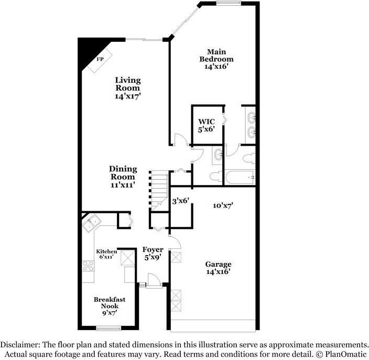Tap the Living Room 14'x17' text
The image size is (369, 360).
point(128,88)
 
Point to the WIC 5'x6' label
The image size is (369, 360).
point(207,126)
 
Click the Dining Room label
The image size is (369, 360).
point(123,177)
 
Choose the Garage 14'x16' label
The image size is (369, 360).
point(218,268)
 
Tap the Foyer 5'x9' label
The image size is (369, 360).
point(153,254)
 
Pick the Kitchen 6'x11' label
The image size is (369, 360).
point(106,255)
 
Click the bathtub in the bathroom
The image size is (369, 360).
point(240,177)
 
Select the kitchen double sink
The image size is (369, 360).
point(92,224)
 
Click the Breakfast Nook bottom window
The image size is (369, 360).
point(108,328)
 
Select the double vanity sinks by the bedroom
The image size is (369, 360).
point(250,124)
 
